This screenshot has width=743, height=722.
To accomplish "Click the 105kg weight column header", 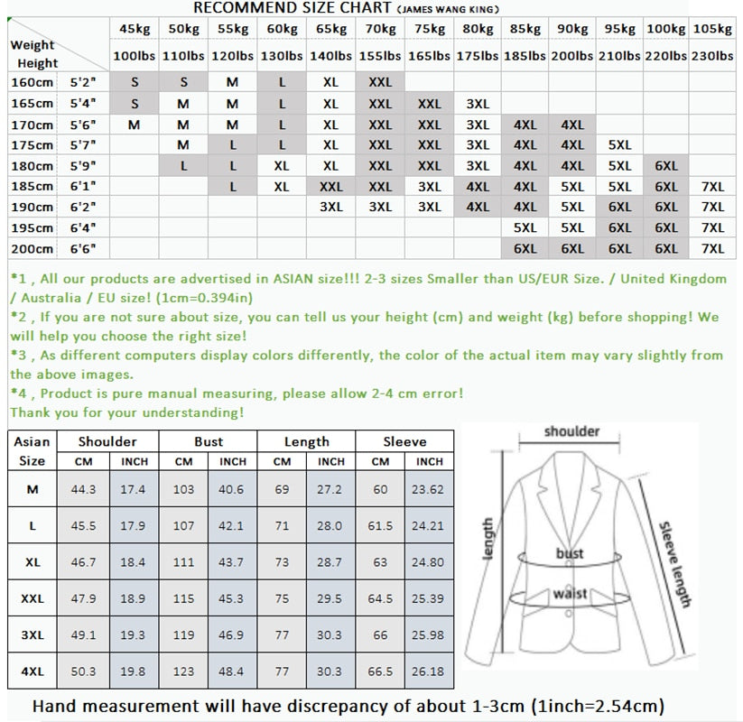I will (712, 30).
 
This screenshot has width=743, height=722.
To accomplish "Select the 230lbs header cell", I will (712, 56).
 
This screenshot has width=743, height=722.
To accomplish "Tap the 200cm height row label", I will (33, 249).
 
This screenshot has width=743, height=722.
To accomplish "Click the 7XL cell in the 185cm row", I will (712, 187).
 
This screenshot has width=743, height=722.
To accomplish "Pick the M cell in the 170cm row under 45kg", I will (134, 125).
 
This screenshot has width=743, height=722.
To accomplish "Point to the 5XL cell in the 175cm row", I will (619, 145).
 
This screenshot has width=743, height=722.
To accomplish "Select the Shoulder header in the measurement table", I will (107, 441).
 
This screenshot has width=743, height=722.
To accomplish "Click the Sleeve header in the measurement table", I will (404, 441).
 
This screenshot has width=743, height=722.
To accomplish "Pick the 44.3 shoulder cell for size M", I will (83, 489).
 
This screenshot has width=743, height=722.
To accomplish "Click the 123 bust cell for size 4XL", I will (184, 671).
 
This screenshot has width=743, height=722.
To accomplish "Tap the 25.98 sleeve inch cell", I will (430, 634).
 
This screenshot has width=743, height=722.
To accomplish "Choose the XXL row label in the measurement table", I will (32, 598).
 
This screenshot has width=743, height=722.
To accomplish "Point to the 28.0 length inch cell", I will (330, 525).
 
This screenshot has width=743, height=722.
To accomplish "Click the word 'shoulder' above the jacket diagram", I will (571, 431).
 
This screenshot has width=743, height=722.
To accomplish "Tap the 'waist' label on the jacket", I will (570, 594).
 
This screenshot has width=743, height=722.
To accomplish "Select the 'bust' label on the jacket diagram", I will (570, 553).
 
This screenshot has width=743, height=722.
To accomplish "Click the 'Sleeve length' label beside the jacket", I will (674, 564).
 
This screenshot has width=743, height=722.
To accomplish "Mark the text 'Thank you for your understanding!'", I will (127, 412).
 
